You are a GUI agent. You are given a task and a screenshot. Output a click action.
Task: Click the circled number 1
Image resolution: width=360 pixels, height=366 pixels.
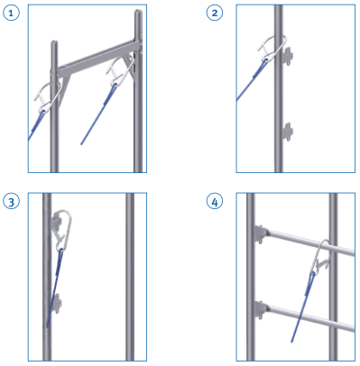(11, 13)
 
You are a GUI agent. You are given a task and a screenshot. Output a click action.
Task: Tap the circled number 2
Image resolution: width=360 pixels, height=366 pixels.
(215, 13)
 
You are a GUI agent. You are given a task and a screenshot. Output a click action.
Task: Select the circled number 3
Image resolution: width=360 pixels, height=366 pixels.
(11, 201)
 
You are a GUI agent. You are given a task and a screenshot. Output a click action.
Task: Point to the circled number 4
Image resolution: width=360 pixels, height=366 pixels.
(215, 201)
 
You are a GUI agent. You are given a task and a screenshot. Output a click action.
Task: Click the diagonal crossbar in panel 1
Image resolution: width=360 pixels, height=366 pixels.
(99, 57)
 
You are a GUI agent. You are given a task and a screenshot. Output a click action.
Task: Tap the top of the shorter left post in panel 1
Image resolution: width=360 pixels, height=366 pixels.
(54, 41)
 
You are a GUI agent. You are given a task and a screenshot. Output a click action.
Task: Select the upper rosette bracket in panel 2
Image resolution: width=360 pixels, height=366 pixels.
(288, 56)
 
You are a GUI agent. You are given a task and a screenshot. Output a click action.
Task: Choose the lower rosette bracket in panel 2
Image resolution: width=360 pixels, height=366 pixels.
(288, 132)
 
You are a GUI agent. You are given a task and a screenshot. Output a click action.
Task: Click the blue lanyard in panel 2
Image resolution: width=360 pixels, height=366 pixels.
(251, 79)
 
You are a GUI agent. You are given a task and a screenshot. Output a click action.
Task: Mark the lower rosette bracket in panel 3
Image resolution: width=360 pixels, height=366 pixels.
(57, 304)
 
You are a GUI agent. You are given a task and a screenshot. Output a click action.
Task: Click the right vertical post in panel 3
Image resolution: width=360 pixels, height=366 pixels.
(130, 277)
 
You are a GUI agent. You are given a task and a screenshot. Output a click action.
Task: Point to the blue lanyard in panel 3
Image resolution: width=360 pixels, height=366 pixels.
(54, 288)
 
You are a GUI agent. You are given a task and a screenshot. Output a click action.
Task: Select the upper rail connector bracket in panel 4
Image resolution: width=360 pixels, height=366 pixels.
(261, 234)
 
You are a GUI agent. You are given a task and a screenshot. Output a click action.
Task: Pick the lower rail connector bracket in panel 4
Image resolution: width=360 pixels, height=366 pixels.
(261, 309)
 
